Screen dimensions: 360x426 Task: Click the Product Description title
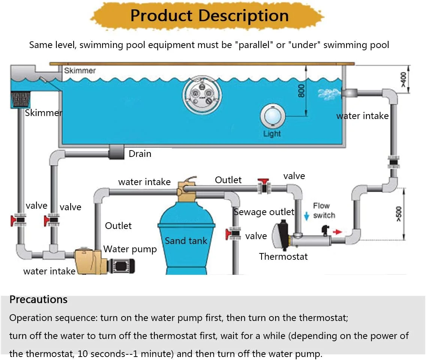(209, 16)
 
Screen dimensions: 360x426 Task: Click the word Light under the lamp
(272, 134)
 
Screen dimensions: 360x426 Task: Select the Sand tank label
(186, 241)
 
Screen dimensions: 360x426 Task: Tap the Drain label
(140, 154)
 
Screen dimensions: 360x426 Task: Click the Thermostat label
(283, 256)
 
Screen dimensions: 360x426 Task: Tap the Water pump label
(130, 249)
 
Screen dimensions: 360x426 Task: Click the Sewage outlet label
(264, 212)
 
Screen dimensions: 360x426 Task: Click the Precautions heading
(38, 300)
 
